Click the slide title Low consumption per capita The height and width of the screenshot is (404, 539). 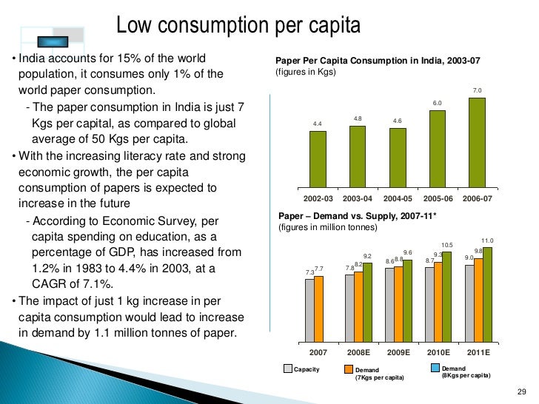tap(238, 27)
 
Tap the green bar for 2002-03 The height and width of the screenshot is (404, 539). tap(317, 158)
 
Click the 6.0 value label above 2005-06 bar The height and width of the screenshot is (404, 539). tap(437, 103)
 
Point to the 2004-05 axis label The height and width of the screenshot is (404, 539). tap(397, 199)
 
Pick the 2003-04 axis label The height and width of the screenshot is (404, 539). tap(357, 199)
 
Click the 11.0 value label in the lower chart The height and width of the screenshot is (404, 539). tap(487, 240)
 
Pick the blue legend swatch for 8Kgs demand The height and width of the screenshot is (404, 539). tap(435, 368)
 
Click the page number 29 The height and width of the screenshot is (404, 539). tap(518, 391)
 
